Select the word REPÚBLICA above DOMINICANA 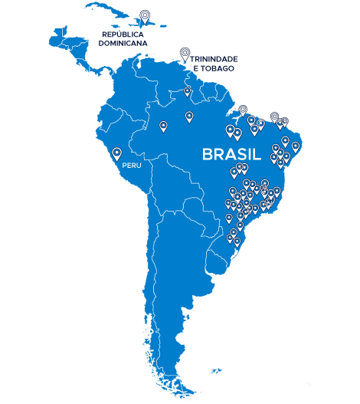[123, 34]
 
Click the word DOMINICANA [123, 43]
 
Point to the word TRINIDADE [215, 59]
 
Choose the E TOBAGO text [214, 67]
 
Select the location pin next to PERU [116, 153]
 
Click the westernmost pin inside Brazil [162, 125]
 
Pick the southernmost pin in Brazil [237, 241]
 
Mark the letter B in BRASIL [208, 153]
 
